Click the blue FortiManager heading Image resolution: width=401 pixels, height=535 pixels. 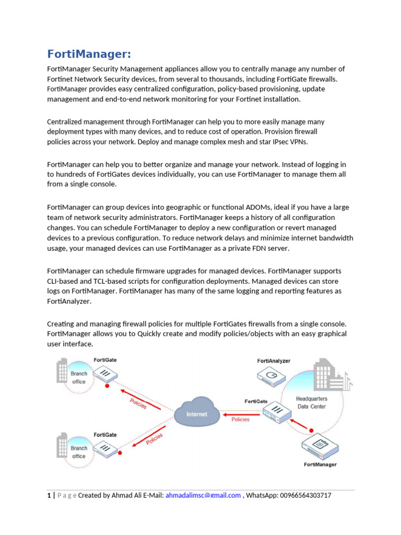click(89, 54)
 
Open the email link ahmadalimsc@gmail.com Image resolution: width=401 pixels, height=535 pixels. click(203, 495)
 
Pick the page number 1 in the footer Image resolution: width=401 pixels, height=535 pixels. click(49, 495)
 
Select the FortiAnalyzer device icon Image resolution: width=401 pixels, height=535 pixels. click(272, 375)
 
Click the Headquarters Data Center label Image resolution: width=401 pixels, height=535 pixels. click(312, 402)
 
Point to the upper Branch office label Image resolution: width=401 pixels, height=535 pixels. click(79, 377)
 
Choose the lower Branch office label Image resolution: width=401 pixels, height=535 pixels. click(79, 452)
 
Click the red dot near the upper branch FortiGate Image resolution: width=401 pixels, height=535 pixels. click(107, 387)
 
